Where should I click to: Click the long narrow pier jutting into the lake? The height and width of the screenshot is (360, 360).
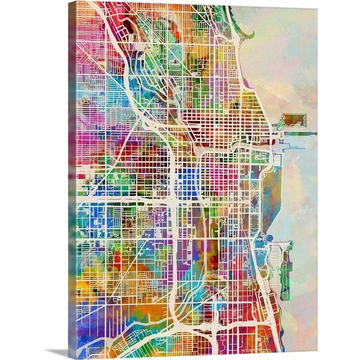300,134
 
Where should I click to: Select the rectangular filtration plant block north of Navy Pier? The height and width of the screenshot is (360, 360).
294,120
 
